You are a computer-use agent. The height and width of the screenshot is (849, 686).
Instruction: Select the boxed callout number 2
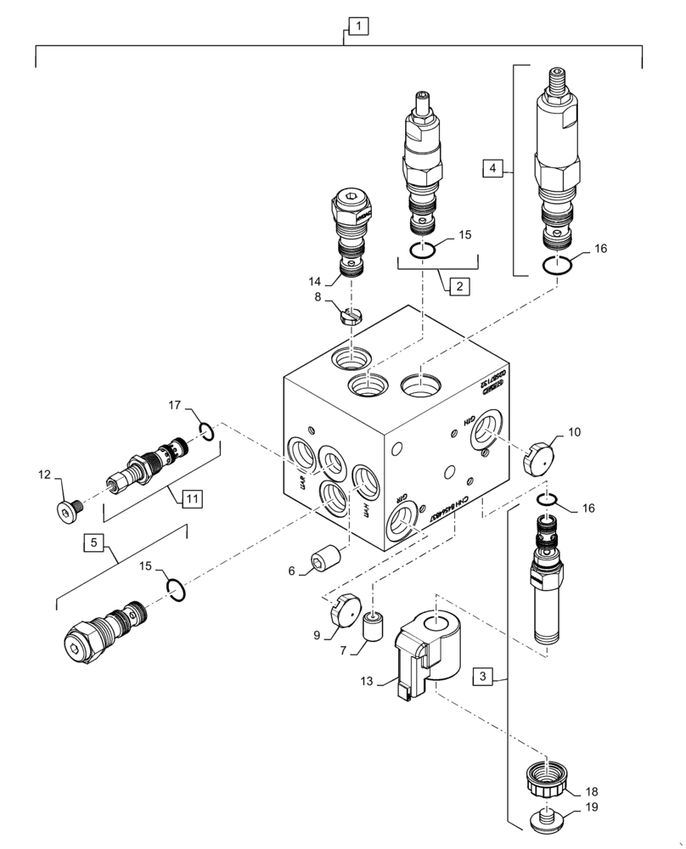pos(458,286)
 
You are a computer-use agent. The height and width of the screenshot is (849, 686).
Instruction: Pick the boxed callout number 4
pos(492,169)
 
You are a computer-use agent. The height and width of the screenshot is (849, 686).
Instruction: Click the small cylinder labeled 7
pos(374,627)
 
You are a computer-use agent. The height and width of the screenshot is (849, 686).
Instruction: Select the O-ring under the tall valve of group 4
pos(557,266)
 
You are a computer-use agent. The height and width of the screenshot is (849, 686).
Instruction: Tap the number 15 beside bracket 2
pos(464,234)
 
